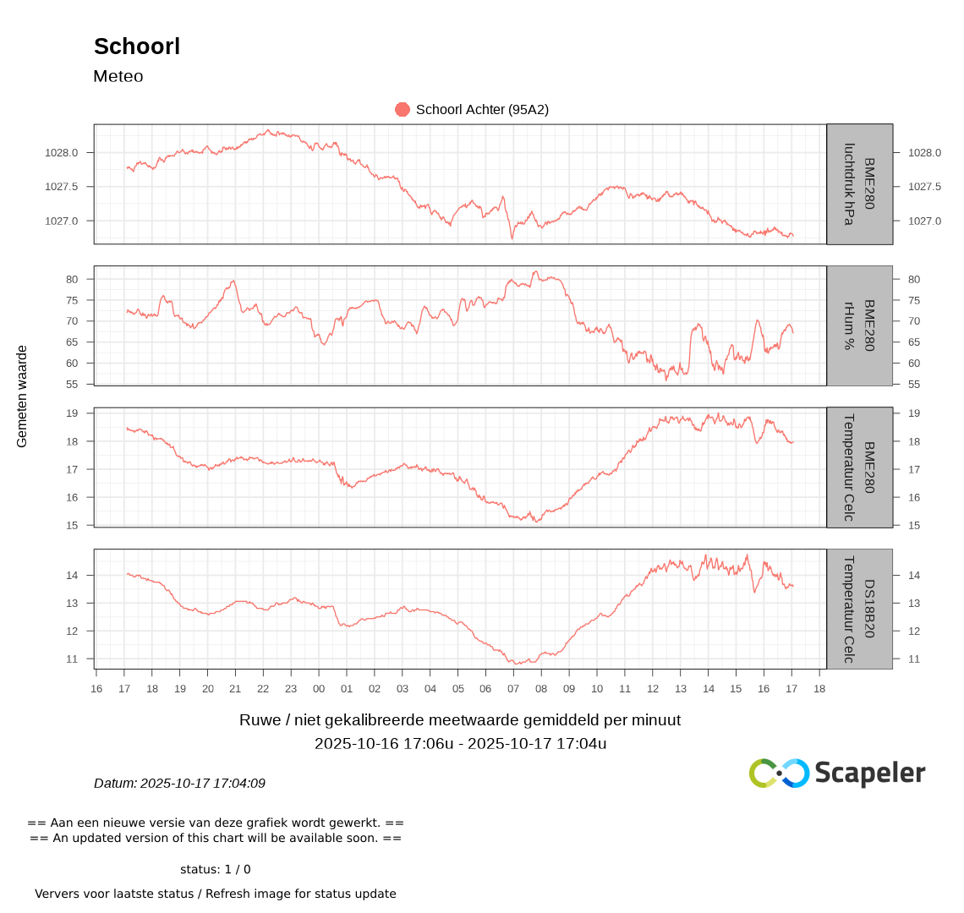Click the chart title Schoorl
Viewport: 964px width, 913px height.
137,46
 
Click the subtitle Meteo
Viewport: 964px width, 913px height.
118,76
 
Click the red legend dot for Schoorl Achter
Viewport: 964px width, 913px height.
403,109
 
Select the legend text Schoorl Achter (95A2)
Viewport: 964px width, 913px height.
482,109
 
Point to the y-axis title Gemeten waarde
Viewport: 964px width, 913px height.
22,396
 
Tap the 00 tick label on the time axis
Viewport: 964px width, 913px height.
319,689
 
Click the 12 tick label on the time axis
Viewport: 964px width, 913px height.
653,689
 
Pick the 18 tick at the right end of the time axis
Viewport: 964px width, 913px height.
819,689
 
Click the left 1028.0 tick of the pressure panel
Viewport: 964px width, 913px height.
62,153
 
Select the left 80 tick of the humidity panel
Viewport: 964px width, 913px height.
72,279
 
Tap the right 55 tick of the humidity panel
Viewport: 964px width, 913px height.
914,385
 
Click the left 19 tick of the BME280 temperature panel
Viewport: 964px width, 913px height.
72,413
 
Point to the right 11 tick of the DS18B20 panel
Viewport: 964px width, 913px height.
914,659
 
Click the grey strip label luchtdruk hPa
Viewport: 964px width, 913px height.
859,184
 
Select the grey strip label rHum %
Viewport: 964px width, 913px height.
859,325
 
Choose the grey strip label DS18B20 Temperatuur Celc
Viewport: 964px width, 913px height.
859,609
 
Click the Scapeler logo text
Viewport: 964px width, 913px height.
869,773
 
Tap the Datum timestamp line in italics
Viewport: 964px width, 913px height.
179,784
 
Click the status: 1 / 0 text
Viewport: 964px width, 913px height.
216,869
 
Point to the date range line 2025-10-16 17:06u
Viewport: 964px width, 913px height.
460,744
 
